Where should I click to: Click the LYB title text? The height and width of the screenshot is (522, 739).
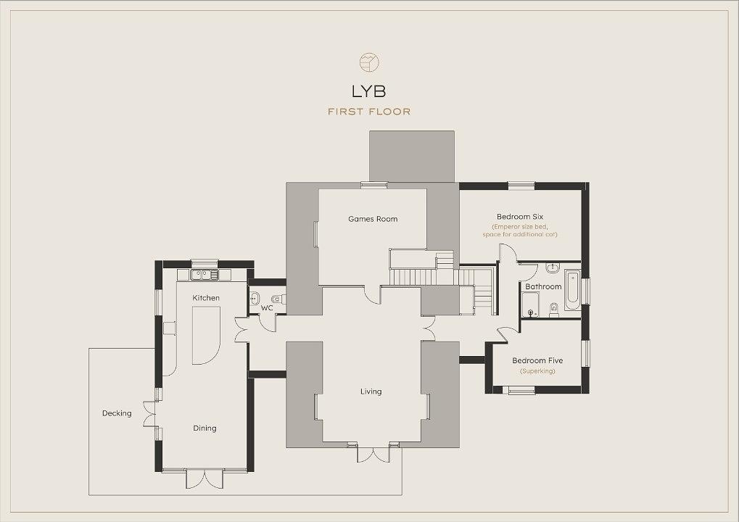pyautogui.click(x=368, y=91)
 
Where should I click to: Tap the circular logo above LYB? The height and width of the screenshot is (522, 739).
pyautogui.click(x=370, y=62)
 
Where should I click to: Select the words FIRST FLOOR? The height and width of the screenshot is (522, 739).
pyautogui.click(x=369, y=112)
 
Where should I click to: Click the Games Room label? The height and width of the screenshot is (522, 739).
pyautogui.click(x=373, y=219)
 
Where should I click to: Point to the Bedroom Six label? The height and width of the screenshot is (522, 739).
pyautogui.click(x=520, y=217)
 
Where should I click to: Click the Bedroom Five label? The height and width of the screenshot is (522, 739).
pyautogui.click(x=537, y=360)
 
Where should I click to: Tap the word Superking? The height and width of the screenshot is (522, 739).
pyautogui.click(x=537, y=371)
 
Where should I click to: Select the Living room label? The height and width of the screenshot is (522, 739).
pyautogui.click(x=371, y=391)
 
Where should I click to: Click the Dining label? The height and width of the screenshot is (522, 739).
pyautogui.click(x=205, y=428)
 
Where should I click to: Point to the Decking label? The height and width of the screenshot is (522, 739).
pyautogui.click(x=117, y=413)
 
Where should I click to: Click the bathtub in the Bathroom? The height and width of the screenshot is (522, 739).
pyautogui.click(x=573, y=290)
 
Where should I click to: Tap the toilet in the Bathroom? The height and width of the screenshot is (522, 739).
pyautogui.click(x=554, y=310)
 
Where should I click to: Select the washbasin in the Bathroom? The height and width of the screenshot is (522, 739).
pyautogui.click(x=553, y=268)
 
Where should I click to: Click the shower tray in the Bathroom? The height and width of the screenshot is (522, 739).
pyautogui.click(x=530, y=304)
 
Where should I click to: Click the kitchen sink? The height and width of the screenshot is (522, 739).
pyautogui.click(x=205, y=274)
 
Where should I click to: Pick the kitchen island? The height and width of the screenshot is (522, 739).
pyautogui.click(x=206, y=336)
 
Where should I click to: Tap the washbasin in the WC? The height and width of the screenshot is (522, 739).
pyautogui.click(x=255, y=298)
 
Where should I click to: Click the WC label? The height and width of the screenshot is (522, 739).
pyautogui.click(x=267, y=308)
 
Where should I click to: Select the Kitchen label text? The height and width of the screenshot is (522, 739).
pyautogui.click(x=206, y=298)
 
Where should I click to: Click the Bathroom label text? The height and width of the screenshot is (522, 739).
pyautogui.click(x=543, y=286)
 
